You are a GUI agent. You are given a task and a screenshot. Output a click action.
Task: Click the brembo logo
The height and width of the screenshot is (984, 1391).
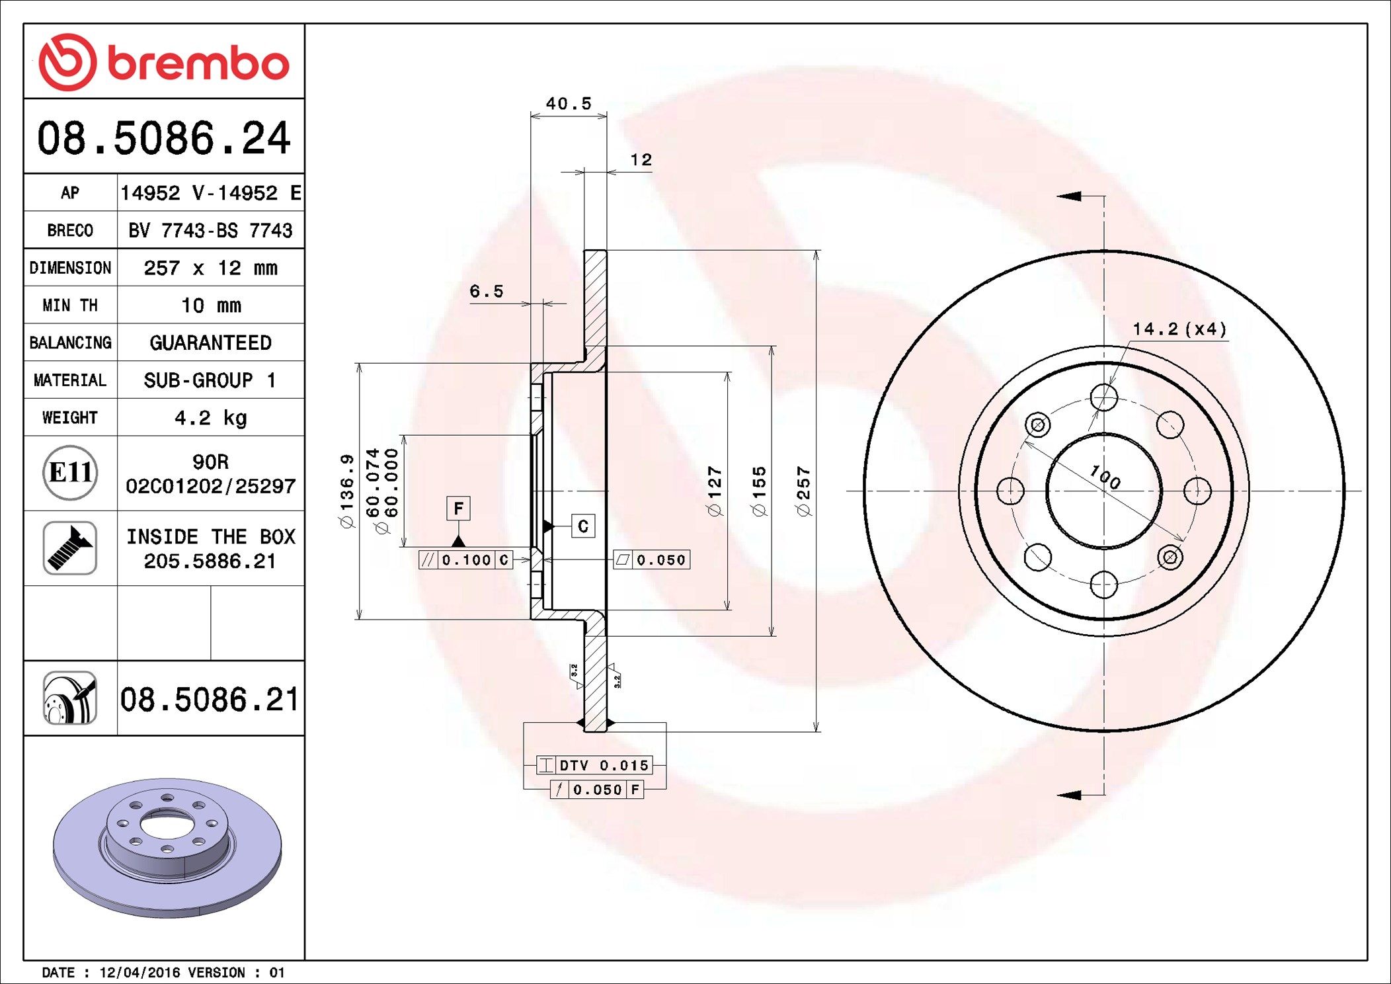(x=164, y=62)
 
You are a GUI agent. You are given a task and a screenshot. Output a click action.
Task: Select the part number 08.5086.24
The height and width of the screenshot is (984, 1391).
(x=164, y=138)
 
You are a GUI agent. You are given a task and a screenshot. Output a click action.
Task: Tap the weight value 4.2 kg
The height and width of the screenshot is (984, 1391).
(x=211, y=418)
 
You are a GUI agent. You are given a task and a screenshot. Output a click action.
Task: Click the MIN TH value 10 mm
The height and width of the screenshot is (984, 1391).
(x=211, y=306)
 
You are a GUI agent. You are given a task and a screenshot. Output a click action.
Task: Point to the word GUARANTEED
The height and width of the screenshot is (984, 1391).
(x=211, y=343)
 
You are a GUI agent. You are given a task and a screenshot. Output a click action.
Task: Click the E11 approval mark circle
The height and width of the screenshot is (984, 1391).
(x=70, y=472)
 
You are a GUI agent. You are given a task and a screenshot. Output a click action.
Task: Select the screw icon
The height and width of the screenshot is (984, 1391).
(x=70, y=548)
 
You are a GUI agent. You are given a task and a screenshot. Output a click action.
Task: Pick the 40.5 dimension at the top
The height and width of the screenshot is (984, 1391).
(x=569, y=104)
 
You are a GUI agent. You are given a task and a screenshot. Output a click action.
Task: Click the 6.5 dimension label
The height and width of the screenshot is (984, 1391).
(x=487, y=291)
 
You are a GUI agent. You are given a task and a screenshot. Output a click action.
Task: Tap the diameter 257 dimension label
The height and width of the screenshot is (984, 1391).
(x=803, y=491)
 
